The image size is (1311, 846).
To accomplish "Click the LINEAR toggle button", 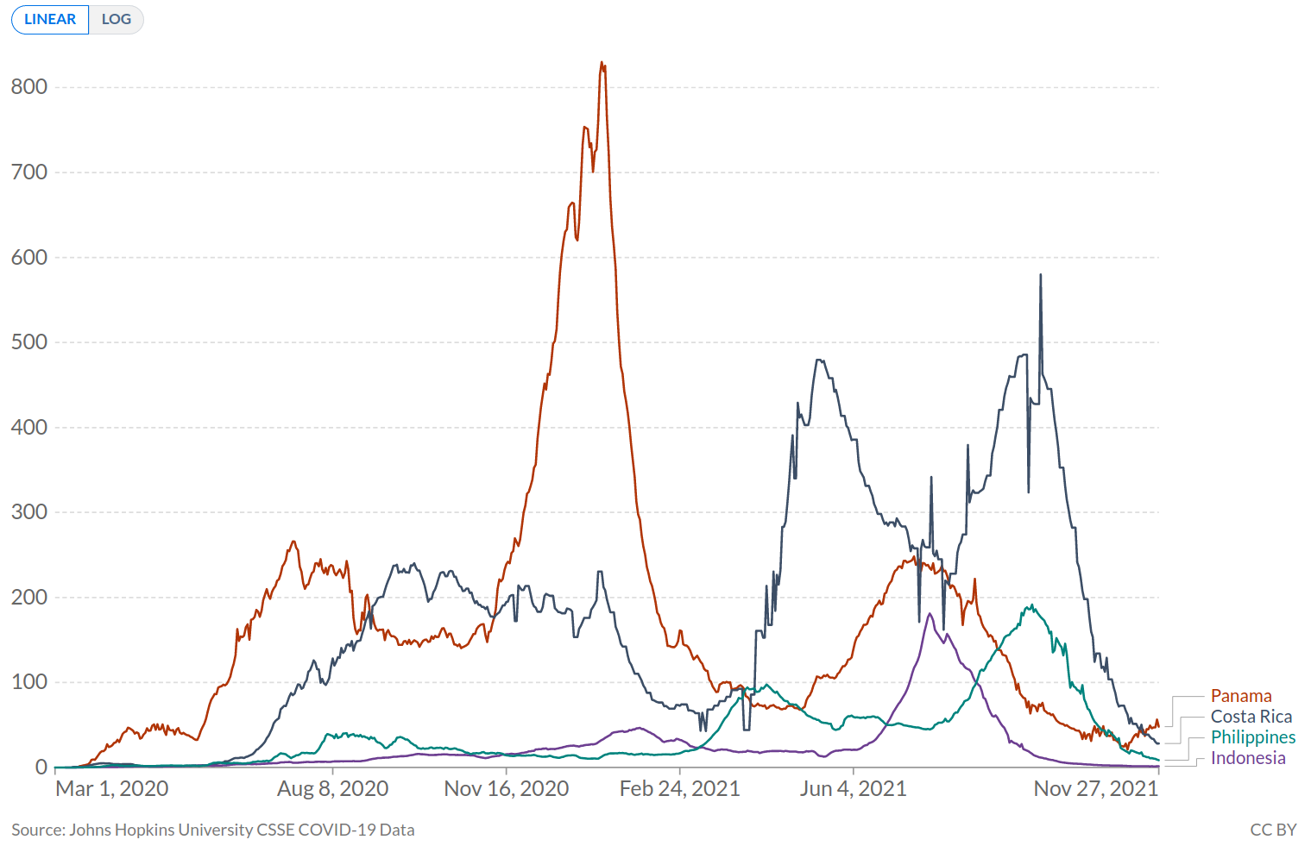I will pos(50,19).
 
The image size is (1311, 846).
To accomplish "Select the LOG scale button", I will pos(117,19).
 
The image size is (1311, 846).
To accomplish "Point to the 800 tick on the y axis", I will pos(28,86).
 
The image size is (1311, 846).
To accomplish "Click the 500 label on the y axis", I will pos(28,342).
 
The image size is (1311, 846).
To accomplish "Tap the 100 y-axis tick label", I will pos(28,682).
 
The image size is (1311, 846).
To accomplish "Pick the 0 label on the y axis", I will pos(41,767).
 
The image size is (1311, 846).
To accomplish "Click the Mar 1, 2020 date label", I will pos(112,788).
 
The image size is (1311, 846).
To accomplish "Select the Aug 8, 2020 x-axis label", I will pos(332,788).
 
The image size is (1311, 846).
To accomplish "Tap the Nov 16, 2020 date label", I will pos(507,788).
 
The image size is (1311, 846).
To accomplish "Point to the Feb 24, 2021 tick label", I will pos(680,788).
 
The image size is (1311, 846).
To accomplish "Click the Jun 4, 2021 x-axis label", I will pos(853,788).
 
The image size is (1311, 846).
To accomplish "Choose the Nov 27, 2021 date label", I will pos(1095,788).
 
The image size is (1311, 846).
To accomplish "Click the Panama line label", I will pos(1240,696).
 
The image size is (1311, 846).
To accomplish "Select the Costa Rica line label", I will pos(1251,717).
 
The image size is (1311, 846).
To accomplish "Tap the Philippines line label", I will pos(1252,737).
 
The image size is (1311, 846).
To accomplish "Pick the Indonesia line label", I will pos(1247,758).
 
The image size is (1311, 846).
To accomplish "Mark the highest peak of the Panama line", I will pos(602,63).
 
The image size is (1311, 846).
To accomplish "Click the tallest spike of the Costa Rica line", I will pos(1040,275).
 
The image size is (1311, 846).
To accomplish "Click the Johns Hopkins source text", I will pos(213,830).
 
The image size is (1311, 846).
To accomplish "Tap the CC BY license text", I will pos(1273,830).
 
